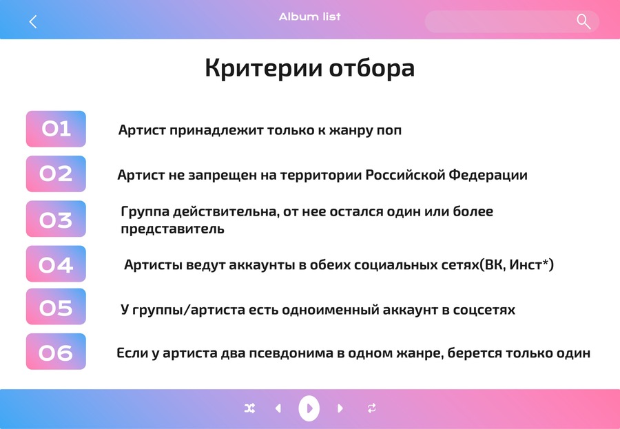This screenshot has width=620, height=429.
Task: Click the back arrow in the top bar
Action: (33, 22)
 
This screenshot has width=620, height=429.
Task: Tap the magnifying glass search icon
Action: (583, 22)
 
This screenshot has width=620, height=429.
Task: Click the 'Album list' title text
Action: (309, 17)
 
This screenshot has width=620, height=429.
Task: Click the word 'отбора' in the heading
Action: (372, 68)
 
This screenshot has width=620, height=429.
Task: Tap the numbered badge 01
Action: (56, 129)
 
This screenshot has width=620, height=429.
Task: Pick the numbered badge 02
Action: (56, 174)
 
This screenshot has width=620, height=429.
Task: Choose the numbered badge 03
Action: (56, 219)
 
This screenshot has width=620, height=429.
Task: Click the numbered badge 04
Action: (56, 264)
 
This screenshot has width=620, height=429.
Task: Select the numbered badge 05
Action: (56, 306)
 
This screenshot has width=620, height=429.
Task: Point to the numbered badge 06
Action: (56, 351)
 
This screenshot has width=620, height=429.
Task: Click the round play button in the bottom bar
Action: (309, 408)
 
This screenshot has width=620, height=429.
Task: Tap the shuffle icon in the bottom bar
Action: (249, 408)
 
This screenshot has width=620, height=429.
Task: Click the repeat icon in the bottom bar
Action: (372, 408)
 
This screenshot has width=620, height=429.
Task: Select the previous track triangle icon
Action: (278, 408)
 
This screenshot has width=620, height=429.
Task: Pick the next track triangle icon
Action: (340, 408)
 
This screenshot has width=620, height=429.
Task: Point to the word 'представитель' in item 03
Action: (172, 229)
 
